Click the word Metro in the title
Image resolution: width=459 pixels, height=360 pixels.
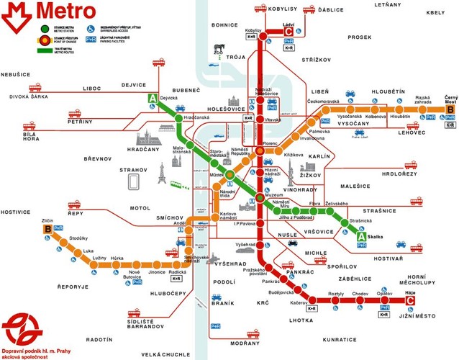pos(64,12)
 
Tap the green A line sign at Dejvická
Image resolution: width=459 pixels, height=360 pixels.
pos(152,99)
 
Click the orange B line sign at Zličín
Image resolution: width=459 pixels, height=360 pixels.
pos(47,230)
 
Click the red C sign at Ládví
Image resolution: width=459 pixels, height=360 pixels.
pos(289,31)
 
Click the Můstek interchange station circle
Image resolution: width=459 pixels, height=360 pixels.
pos(229,175)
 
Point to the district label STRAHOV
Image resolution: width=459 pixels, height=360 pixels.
pos(133,170)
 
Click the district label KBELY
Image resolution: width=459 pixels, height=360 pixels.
pos(435,12)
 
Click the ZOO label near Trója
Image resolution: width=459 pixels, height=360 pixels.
pos(218,52)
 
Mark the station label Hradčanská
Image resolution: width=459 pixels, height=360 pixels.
pos(196,117)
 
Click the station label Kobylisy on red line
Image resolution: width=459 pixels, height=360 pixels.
pos(253,30)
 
